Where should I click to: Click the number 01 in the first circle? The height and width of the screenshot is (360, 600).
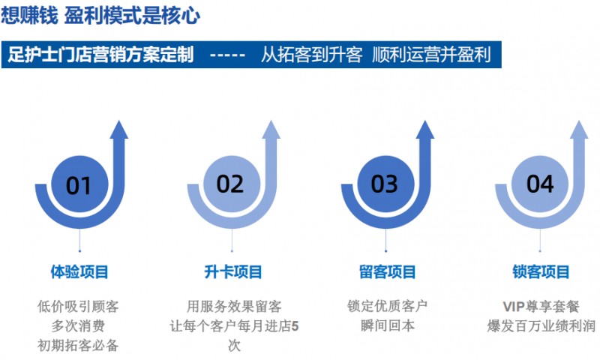tap(79, 184)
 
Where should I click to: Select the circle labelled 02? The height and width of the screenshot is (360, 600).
tap(230, 184)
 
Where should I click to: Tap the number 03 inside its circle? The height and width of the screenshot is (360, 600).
tap(384, 184)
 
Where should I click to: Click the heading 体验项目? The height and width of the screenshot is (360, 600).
tap(79, 271)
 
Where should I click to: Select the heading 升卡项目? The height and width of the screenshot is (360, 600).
tap(233, 271)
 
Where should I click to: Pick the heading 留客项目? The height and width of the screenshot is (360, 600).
tap(387, 271)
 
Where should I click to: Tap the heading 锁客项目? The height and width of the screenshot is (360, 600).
tap(541, 271)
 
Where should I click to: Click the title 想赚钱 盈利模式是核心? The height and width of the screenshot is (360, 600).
tap(100, 16)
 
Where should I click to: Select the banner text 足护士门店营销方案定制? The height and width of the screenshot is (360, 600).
tap(100, 55)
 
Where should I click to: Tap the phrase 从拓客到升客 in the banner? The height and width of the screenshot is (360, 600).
tap(311, 55)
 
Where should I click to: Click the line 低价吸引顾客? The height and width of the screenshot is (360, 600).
tap(78, 306)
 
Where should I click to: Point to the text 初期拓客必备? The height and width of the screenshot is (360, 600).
tap(78, 345)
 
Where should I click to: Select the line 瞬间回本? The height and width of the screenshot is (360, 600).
tap(387, 325)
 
